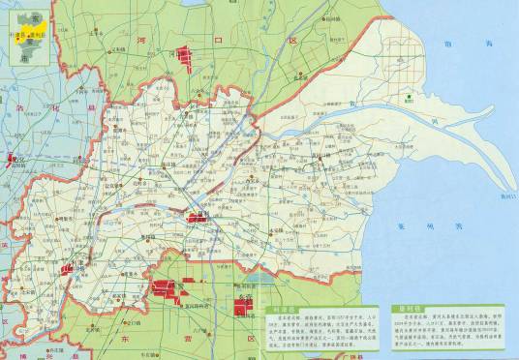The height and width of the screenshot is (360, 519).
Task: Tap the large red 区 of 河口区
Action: (290, 42)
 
